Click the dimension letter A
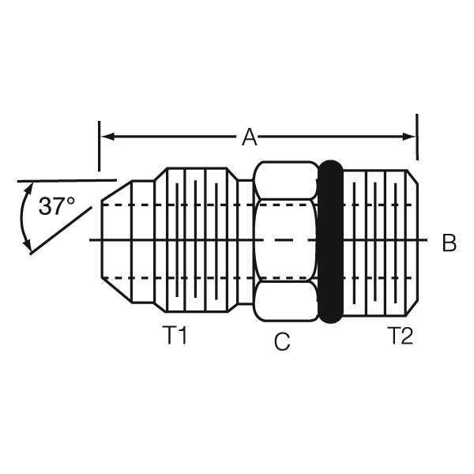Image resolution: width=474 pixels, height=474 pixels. [250, 137]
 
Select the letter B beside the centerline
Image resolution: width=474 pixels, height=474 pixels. [449, 243]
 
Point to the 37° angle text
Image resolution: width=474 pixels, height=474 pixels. [56, 207]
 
